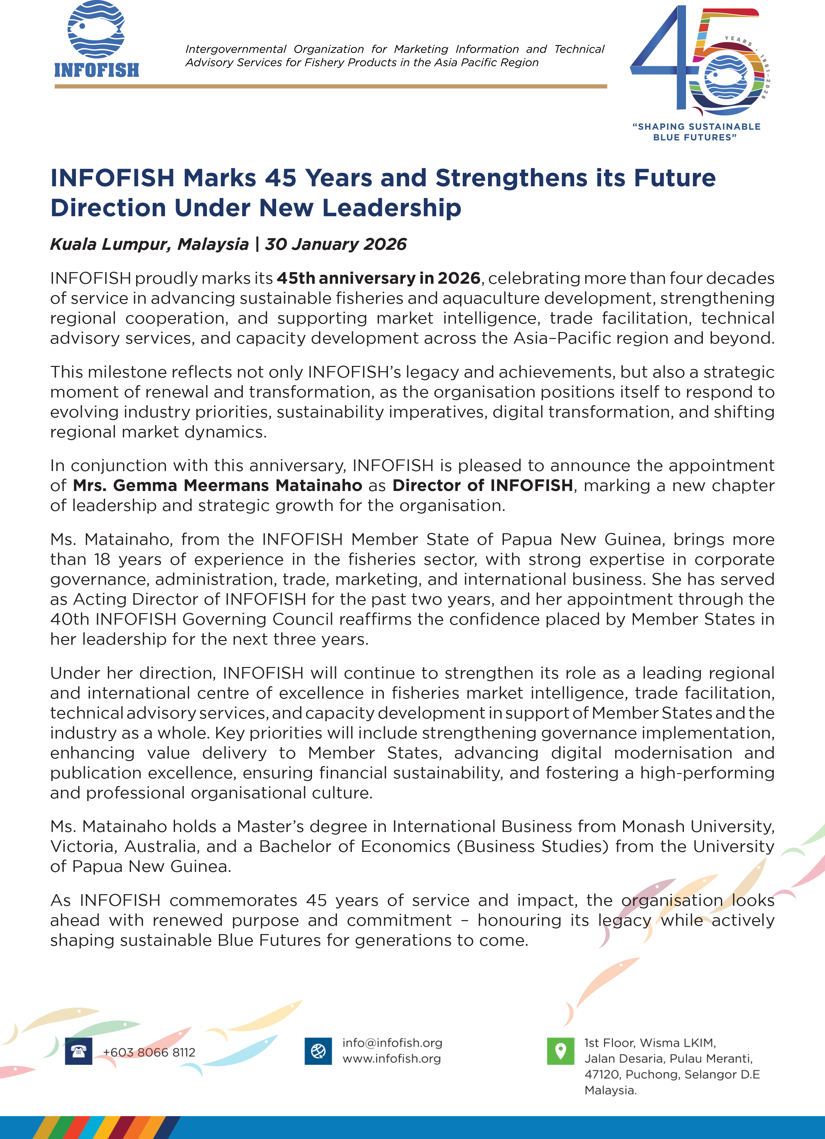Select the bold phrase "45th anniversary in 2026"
click(379, 278)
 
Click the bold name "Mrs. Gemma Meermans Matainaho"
click(218, 486)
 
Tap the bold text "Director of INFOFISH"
click(483, 486)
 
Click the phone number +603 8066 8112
click(149, 1052)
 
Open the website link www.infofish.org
click(392, 1058)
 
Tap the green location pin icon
click(561, 1051)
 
